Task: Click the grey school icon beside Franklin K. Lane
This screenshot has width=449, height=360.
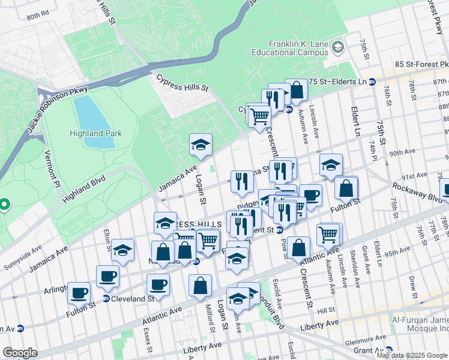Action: [x=337, y=47]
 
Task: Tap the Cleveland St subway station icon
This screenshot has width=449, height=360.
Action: [x=106, y=299]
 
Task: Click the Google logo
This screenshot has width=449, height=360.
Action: [x=20, y=353]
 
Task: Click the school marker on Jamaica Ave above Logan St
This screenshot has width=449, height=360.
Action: [x=201, y=144]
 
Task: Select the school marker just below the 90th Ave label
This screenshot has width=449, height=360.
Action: [x=331, y=165]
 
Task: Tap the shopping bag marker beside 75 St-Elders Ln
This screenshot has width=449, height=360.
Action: [x=297, y=90]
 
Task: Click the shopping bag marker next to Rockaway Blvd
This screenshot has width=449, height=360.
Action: [x=346, y=188]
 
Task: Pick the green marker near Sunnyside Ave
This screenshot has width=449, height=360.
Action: [x=4, y=205]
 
